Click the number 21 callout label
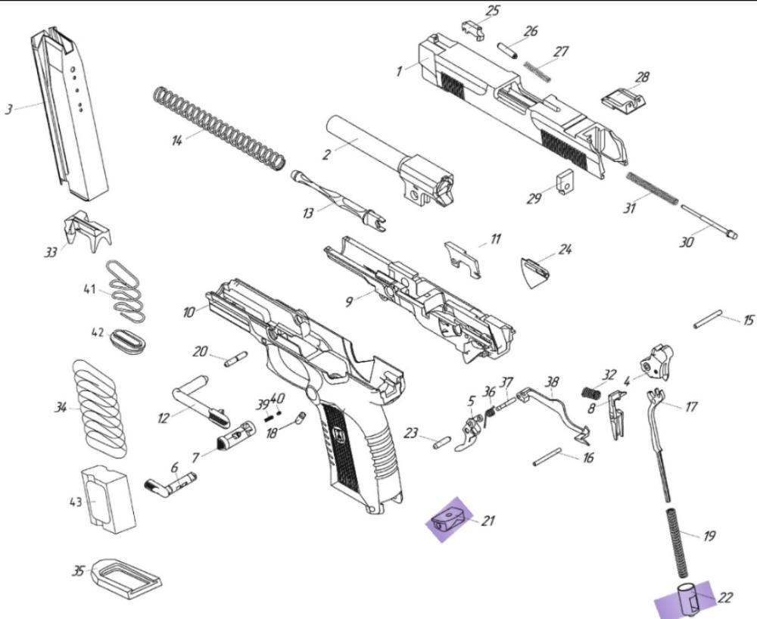coord(488,520)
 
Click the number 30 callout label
coord(687,242)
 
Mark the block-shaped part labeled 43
coord(107,497)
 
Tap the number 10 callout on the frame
coord(188,312)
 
